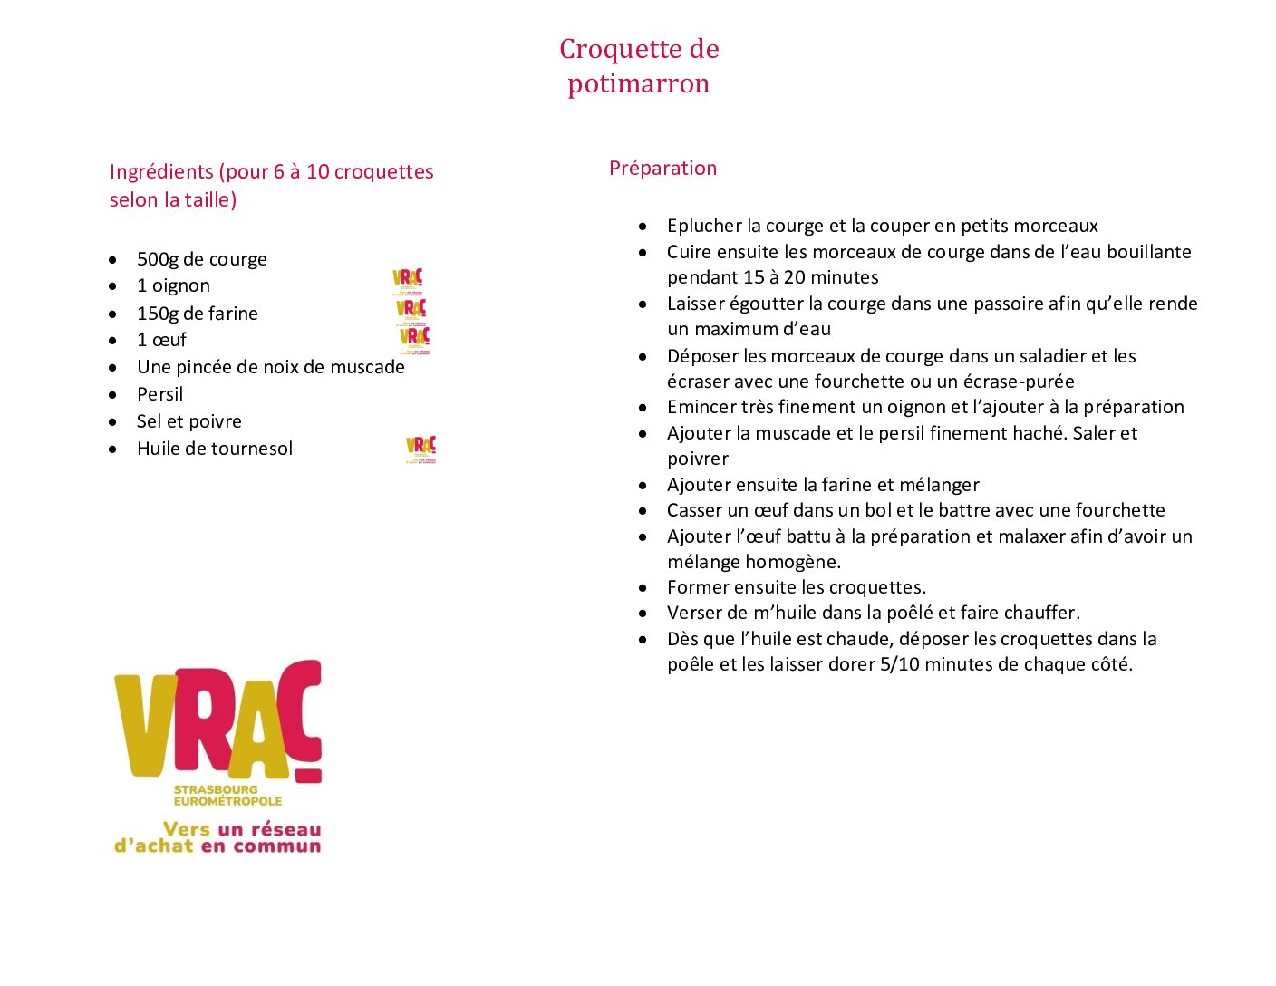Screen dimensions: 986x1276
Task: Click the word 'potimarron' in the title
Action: pos(638,83)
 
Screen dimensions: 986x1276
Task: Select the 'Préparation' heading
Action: pos(662,168)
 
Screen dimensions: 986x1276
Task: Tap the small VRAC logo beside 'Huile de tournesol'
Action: pos(420,449)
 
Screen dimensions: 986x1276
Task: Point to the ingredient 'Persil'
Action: pos(159,394)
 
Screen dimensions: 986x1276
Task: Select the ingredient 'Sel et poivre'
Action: pos(188,421)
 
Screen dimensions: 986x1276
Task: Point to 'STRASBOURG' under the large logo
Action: pos(216,789)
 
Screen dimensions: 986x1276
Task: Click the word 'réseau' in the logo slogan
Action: pos(285,829)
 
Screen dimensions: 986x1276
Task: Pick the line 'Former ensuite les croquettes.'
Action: pos(796,587)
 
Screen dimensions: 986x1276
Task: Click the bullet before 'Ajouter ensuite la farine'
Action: pos(643,486)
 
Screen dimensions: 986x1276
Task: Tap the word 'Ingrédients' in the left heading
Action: pos(161,172)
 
